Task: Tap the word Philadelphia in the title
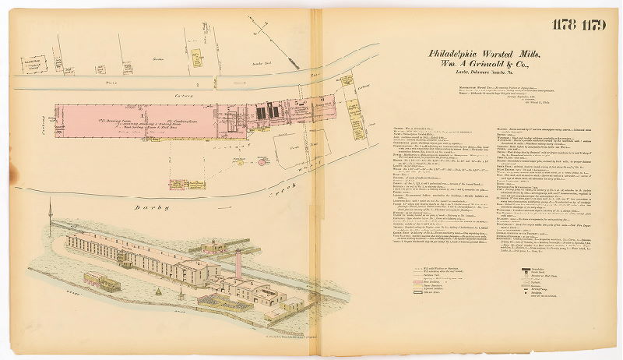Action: [x=459, y=53]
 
